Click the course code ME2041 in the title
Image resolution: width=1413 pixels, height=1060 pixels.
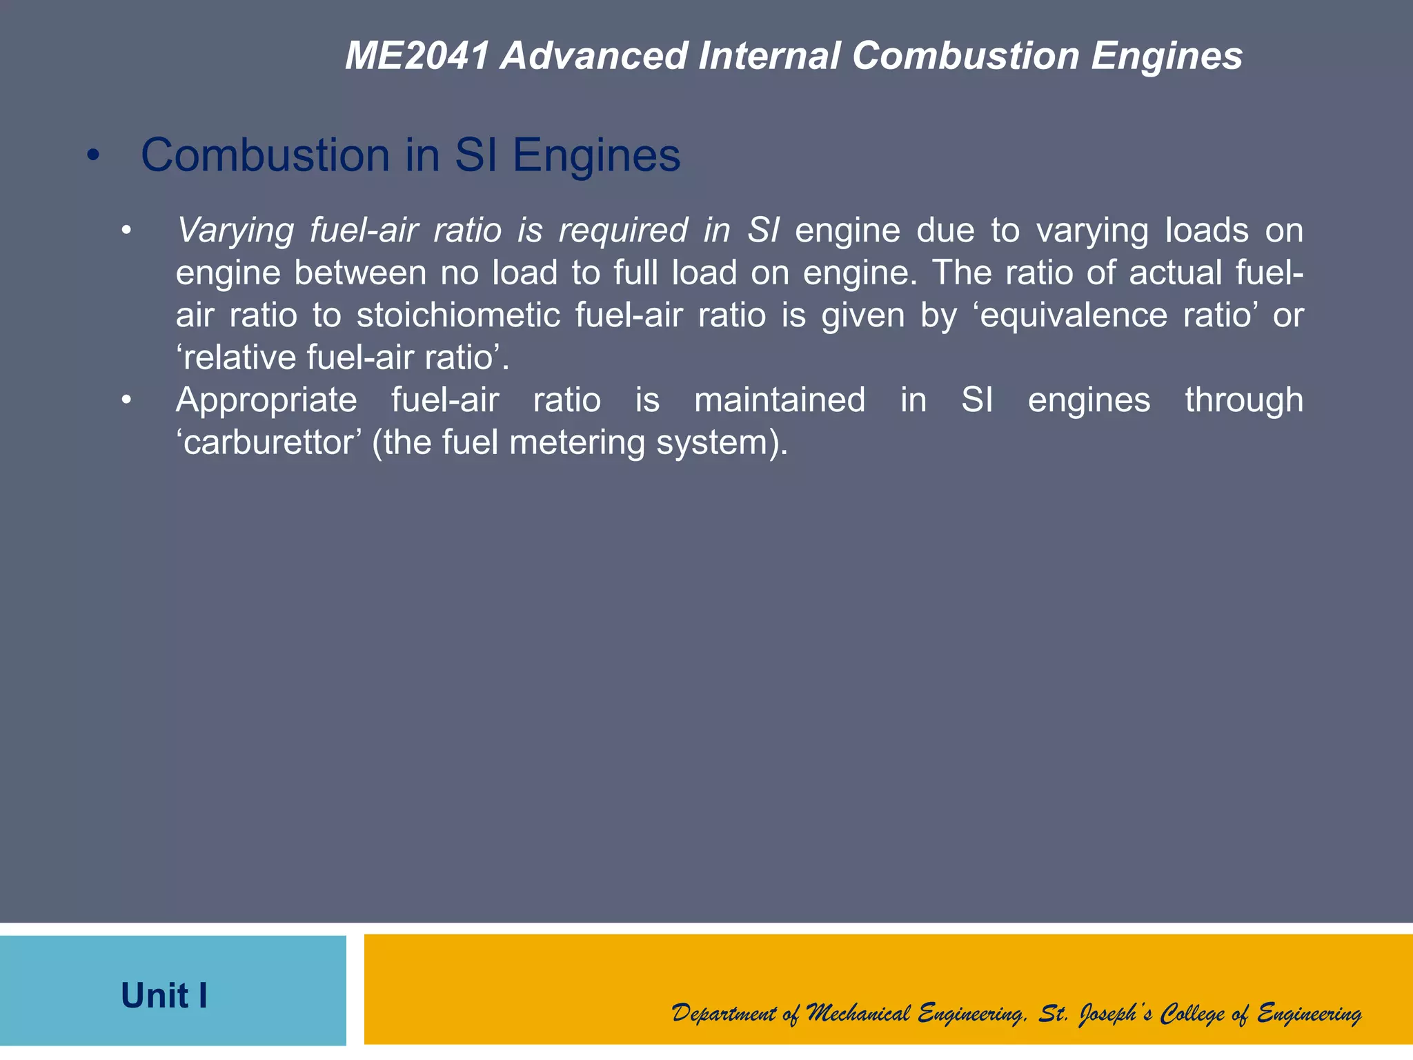click(417, 56)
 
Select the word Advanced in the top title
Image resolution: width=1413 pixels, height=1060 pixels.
click(594, 56)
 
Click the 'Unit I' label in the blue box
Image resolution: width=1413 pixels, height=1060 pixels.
click(164, 996)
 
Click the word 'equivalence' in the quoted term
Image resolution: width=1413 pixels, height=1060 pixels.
click(1073, 315)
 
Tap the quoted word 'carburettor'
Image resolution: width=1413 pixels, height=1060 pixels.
click(268, 442)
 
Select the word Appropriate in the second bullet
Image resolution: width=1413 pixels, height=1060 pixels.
click(266, 400)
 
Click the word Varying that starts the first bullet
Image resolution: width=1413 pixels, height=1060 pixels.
click(235, 230)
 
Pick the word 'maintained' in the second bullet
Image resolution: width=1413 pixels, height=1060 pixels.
click(780, 400)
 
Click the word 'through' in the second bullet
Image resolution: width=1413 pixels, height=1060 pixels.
click(1244, 400)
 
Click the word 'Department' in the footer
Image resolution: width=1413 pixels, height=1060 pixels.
click(724, 1014)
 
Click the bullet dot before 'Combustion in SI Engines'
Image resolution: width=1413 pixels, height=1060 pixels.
click(93, 156)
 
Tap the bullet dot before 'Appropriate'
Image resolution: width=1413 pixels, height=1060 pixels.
click(126, 400)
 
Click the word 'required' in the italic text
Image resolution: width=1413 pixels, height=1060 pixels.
click(623, 230)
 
